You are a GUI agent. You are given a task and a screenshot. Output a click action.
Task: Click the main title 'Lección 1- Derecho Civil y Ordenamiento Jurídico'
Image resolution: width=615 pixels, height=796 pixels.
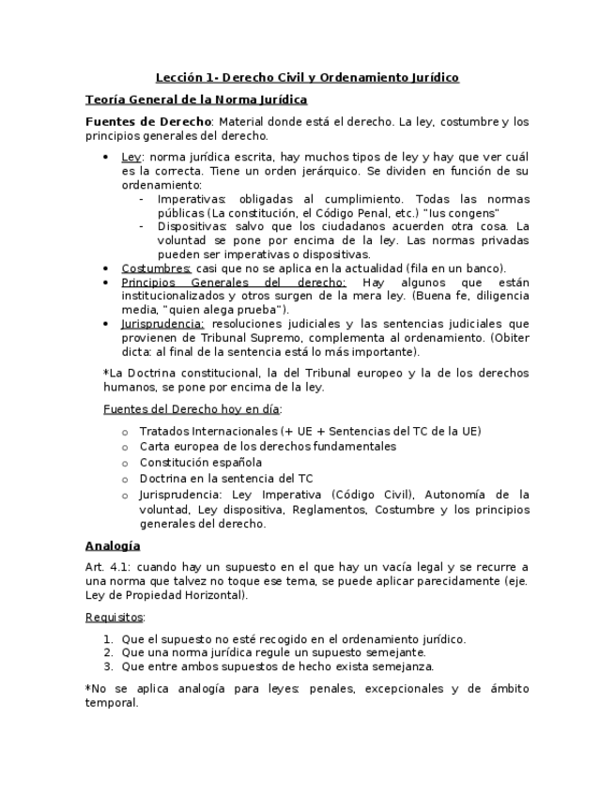pos(307,77)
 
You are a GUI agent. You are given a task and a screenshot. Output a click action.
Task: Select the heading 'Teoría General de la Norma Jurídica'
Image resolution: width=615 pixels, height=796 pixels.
pos(196,99)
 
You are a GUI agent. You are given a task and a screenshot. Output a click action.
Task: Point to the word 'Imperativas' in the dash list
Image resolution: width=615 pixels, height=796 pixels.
pos(192,199)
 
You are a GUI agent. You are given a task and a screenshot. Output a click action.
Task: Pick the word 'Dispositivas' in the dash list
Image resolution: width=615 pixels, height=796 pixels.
pos(192,226)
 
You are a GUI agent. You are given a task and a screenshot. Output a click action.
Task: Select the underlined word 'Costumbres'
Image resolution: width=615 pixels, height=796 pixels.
pos(157,268)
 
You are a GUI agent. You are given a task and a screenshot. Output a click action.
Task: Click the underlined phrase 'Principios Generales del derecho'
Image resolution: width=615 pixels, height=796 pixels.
pos(234,282)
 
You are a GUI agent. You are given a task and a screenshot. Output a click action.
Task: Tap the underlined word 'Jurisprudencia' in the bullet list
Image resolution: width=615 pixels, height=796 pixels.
pos(162,323)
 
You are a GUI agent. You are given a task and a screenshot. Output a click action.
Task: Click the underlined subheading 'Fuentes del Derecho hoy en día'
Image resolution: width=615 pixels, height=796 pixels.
pos(192,409)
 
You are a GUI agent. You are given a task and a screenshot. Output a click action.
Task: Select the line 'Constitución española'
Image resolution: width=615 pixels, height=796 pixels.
pos(201,462)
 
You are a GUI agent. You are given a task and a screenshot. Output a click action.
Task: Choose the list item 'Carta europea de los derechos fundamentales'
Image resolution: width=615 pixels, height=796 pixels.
pos(268,446)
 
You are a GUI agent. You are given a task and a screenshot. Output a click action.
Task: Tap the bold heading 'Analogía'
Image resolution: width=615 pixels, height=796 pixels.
pos(112,545)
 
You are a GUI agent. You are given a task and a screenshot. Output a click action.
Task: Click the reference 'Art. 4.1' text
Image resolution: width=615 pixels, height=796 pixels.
pos(106,567)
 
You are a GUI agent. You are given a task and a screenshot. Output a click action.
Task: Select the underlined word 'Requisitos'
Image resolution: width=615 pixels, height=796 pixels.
pos(115,617)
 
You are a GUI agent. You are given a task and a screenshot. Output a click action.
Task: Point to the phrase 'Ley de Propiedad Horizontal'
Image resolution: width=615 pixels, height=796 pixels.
pos(164,594)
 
